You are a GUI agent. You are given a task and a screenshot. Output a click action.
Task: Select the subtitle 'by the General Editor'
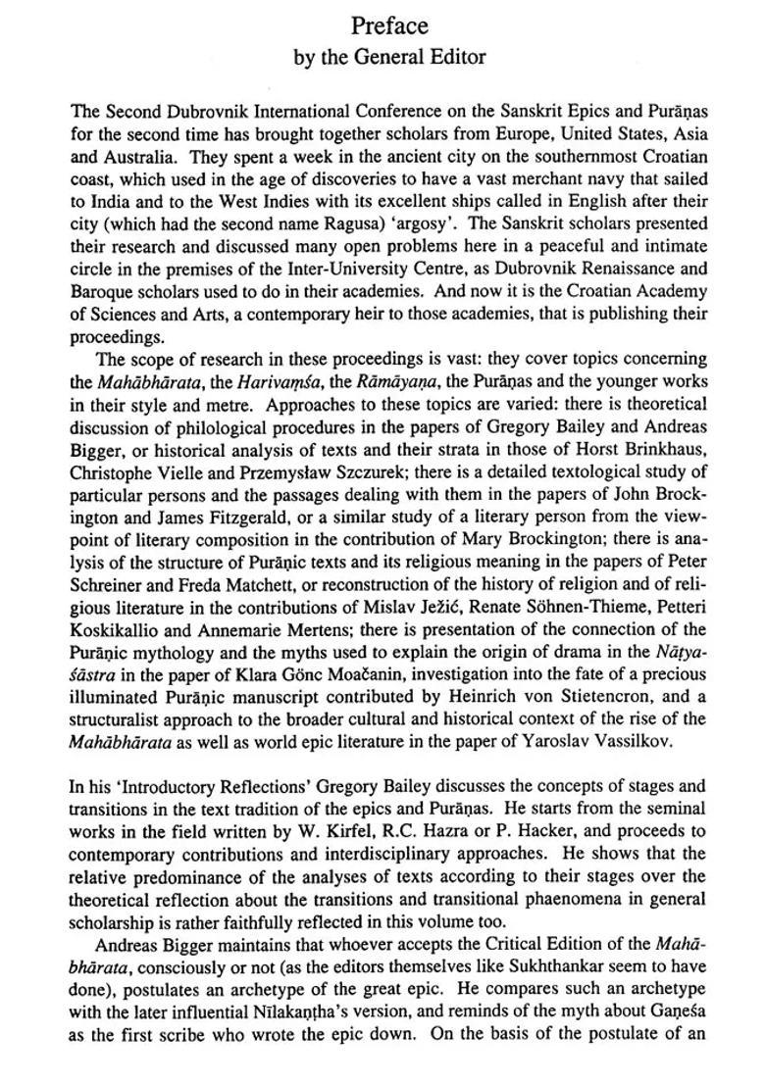[x=389, y=57]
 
